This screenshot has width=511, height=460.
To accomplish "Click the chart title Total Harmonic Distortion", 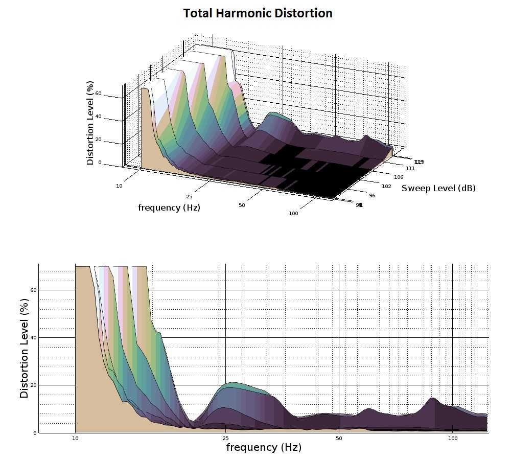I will [258, 13].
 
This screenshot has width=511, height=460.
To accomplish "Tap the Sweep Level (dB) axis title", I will [438, 188].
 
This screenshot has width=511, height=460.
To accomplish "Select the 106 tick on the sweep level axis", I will [399, 177].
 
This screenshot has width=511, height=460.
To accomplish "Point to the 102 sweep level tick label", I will [386, 186].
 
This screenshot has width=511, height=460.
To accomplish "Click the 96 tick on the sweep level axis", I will [372, 196].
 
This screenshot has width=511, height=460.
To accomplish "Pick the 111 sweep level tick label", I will [410, 168].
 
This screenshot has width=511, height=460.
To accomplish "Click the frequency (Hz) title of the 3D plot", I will [169, 208].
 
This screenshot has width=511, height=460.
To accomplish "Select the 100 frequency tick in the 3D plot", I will [293, 213].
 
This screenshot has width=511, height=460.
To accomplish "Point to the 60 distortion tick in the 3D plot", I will [98, 94].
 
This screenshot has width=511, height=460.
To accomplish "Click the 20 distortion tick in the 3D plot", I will [98, 140].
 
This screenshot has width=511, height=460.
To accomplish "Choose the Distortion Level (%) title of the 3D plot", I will [90, 123].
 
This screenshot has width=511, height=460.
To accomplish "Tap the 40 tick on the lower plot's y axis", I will [34, 338].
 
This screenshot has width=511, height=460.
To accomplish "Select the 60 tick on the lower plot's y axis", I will [34, 290].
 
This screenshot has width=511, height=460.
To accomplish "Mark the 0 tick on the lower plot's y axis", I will [35, 433].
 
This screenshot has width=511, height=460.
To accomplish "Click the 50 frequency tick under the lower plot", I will [339, 439].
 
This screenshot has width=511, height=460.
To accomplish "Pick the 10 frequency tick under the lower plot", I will [75, 439].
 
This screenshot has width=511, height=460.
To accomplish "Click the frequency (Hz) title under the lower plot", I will [264, 448].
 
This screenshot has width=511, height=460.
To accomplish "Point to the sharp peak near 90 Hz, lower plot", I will [433, 398].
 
